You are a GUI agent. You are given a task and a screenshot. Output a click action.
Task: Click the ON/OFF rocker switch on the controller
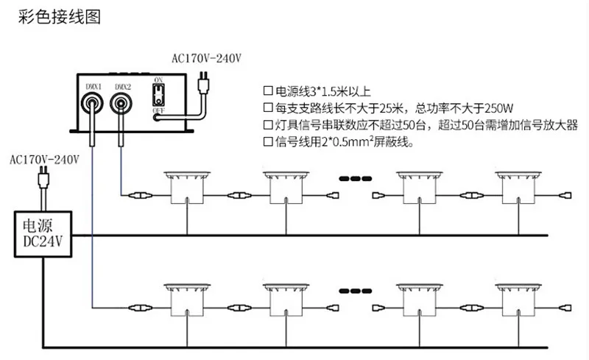point(158,94)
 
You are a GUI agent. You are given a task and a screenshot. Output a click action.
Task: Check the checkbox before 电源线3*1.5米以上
point(268,92)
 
